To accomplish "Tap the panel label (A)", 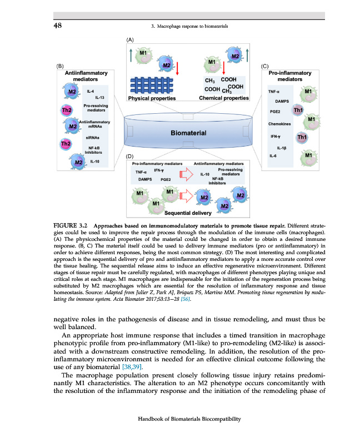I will [130, 41].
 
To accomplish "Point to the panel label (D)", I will [129, 158].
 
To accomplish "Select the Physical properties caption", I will [152, 99].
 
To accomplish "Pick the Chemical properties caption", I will [224, 99].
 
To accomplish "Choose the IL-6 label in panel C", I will [272, 156].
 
